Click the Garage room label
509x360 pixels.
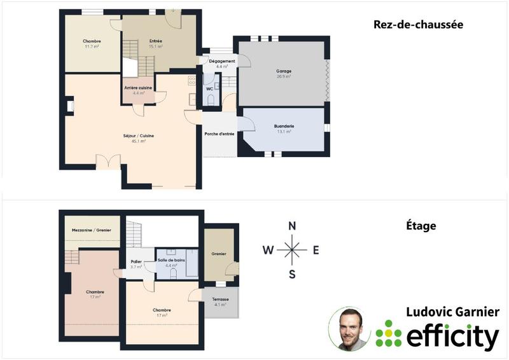pos(283,71)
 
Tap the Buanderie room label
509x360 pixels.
pos(284,127)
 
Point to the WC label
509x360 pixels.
pos(209,89)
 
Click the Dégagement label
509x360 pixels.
pos(222,61)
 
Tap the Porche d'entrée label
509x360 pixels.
pos(219,134)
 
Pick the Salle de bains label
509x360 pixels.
pos(170,261)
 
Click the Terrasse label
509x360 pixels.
pos(220,299)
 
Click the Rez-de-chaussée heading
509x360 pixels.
pos(417,25)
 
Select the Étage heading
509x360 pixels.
pos(420,225)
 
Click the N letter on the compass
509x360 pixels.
pos(292,226)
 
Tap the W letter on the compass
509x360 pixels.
pos(268,250)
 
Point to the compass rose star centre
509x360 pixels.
pos(292,250)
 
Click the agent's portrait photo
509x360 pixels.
pos(349,328)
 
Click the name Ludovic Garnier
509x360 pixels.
pos(452,312)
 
